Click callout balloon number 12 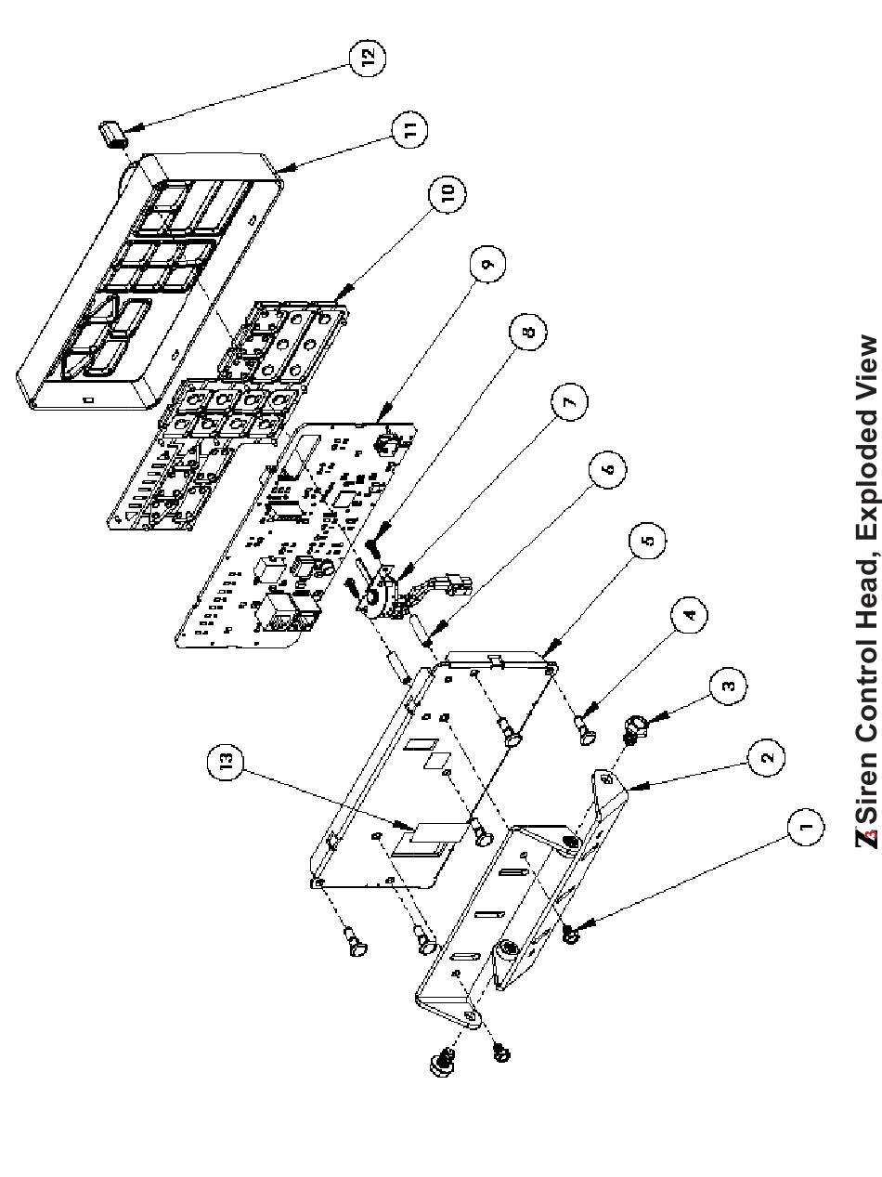pos(367,57)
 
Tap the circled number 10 pos(447,192)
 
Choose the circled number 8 pos(527,332)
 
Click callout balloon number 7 pos(568,401)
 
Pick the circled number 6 pos(607,470)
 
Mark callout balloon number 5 pos(648,540)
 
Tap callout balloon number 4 pos(689,614)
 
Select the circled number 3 pos(728,686)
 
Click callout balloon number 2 pos(766,757)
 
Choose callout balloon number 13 pos(226,762)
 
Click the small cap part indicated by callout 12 pos(112,134)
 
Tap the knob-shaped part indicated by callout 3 pos(635,730)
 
